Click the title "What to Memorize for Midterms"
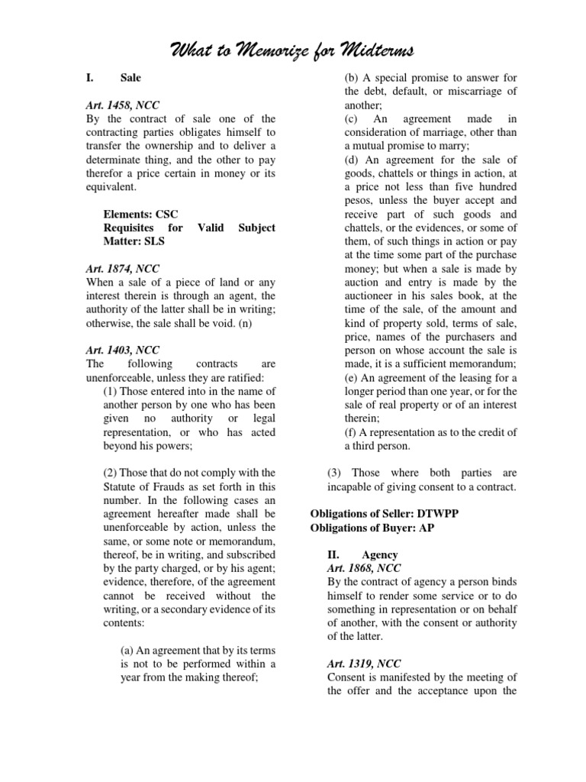(x=293, y=51)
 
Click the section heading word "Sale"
(x=130, y=77)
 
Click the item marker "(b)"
(x=352, y=77)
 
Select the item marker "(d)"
(x=352, y=160)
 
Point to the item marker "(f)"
(x=351, y=432)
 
